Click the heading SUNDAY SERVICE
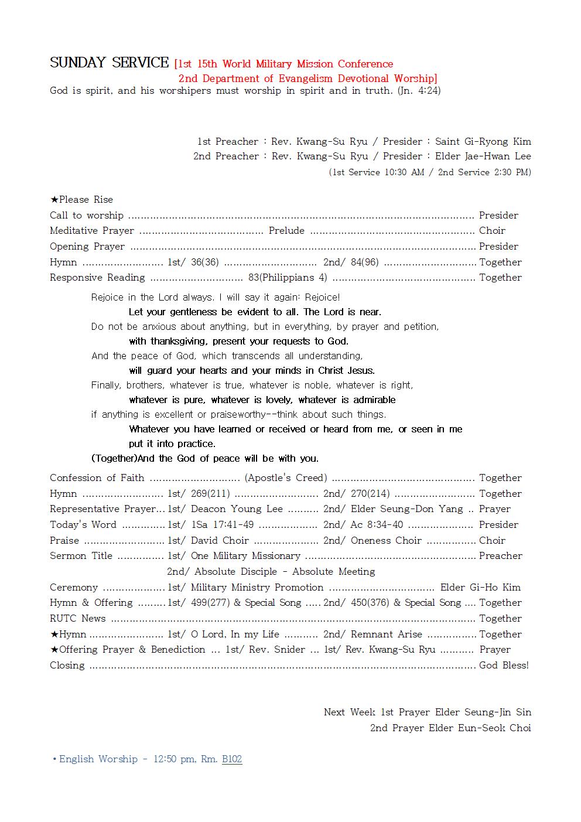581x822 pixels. click(109, 63)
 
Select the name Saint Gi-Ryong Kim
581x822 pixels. click(483, 141)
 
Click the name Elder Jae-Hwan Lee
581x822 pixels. click(483, 156)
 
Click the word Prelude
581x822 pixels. click(286, 231)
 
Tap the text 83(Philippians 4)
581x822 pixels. click(288, 278)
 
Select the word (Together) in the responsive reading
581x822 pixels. click(114, 458)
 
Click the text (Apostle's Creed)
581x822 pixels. click(286, 478)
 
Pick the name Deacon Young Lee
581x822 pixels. click(237, 509)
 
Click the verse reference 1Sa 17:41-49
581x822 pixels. click(223, 525)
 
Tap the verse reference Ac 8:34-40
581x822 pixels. click(377, 525)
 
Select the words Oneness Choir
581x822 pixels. click(386, 541)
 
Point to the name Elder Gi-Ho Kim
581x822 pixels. click(480, 588)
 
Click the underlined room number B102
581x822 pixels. click(232, 759)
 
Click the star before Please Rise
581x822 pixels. click(54, 200)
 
